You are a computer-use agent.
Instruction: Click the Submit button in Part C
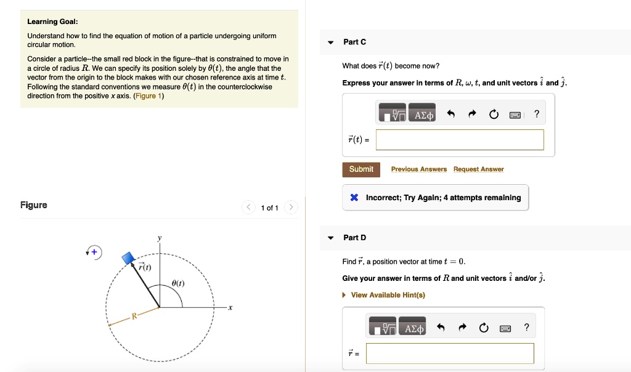(361, 169)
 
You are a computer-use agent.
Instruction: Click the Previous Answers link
(419, 169)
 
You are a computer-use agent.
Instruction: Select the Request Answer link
(478, 169)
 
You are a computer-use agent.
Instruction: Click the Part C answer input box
(460, 140)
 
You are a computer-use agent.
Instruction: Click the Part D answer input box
(450, 354)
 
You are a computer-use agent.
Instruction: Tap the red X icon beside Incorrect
(354, 198)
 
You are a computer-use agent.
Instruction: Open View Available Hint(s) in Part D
(388, 295)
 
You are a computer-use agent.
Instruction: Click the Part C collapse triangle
(331, 42)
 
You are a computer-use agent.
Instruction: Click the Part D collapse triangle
(331, 238)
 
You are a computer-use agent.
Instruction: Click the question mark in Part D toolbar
(526, 328)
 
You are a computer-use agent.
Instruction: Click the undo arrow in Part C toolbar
(451, 115)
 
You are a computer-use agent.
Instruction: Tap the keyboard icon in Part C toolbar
(515, 115)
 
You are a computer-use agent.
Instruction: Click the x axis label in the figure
(229, 307)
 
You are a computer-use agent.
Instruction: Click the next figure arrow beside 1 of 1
(292, 208)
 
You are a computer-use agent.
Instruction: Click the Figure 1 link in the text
(148, 96)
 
